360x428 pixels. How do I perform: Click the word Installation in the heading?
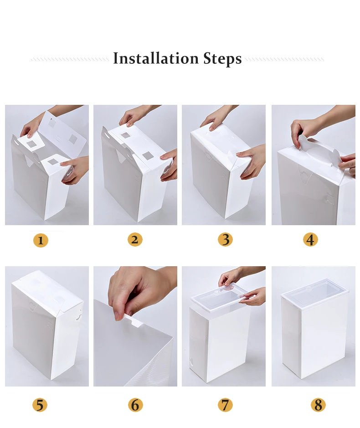click(x=156, y=58)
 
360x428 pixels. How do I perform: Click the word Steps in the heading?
click(x=222, y=59)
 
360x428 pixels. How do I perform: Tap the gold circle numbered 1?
click(x=41, y=241)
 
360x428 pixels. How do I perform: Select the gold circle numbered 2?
click(x=135, y=239)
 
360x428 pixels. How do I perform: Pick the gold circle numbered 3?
click(x=225, y=239)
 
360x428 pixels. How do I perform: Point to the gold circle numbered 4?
click(x=310, y=239)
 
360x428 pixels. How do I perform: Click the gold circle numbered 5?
click(x=40, y=404)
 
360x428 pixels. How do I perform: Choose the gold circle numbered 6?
click(x=135, y=404)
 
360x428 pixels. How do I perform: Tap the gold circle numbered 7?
click(x=225, y=404)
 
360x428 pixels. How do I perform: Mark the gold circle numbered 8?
click(x=318, y=404)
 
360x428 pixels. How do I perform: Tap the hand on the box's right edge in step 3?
click(x=252, y=161)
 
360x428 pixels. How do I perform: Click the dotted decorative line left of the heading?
click(x=70, y=59)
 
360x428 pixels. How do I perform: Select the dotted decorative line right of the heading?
click(x=285, y=59)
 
